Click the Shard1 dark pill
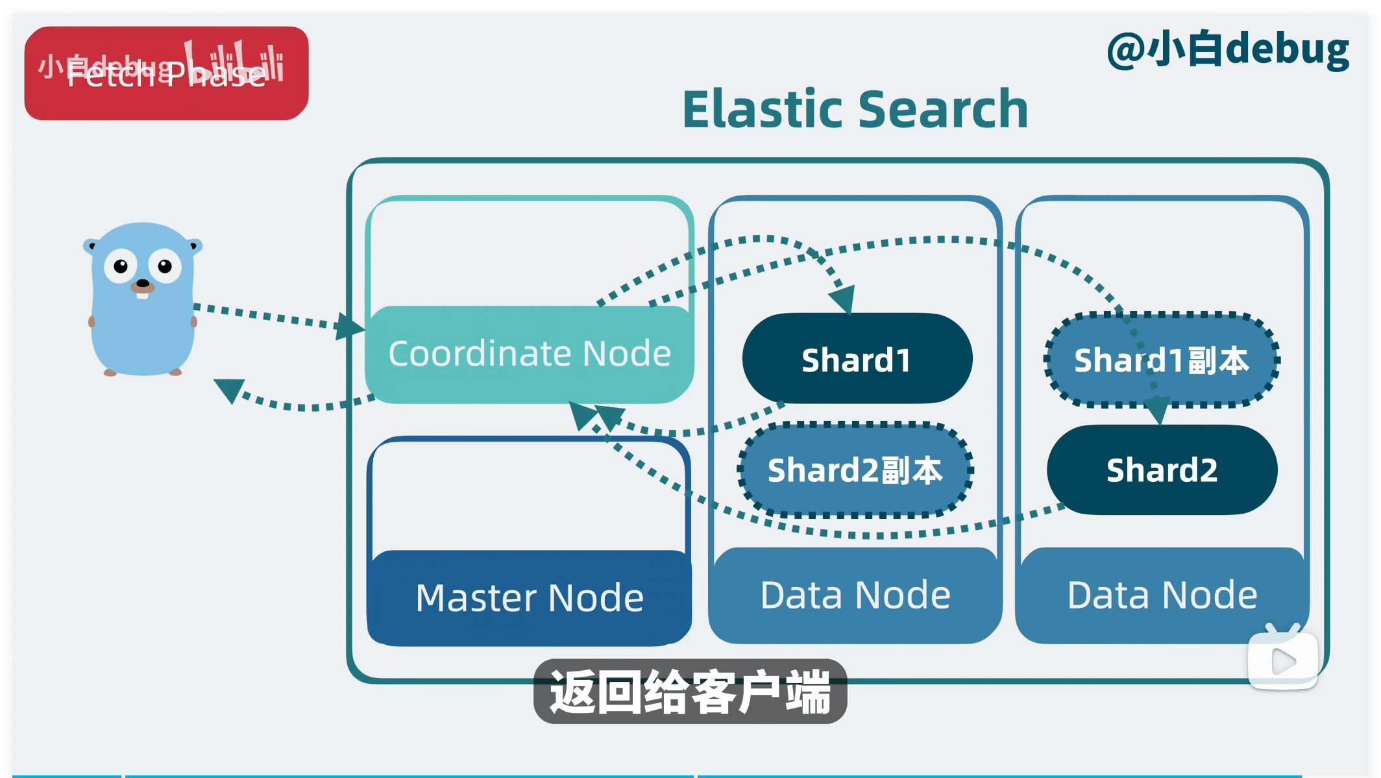click(857, 359)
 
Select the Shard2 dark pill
click(1162, 470)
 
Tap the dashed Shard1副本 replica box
click(1161, 360)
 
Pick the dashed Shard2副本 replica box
click(855, 470)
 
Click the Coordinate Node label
click(529, 354)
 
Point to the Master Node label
click(529, 597)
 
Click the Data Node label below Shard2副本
click(855, 595)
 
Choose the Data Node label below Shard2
click(1162, 595)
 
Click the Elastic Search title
click(855, 109)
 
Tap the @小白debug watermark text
click(1227, 50)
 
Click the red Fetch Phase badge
click(166, 73)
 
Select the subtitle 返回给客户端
click(690, 692)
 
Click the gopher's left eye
click(121, 266)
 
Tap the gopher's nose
click(142, 283)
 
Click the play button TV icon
click(1283, 660)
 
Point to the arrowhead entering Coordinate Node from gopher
click(348, 326)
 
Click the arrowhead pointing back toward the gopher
click(230, 389)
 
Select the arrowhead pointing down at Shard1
click(843, 299)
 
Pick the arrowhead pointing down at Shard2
click(1158, 410)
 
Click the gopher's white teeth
click(142, 295)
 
